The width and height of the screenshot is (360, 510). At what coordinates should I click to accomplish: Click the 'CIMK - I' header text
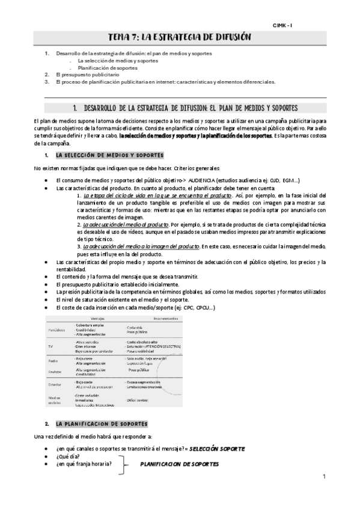[x=281, y=25]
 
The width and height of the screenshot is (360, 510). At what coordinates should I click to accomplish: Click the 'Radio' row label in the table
[x=52, y=361]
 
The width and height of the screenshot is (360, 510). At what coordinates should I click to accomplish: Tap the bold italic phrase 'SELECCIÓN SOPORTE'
[x=216, y=449]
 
